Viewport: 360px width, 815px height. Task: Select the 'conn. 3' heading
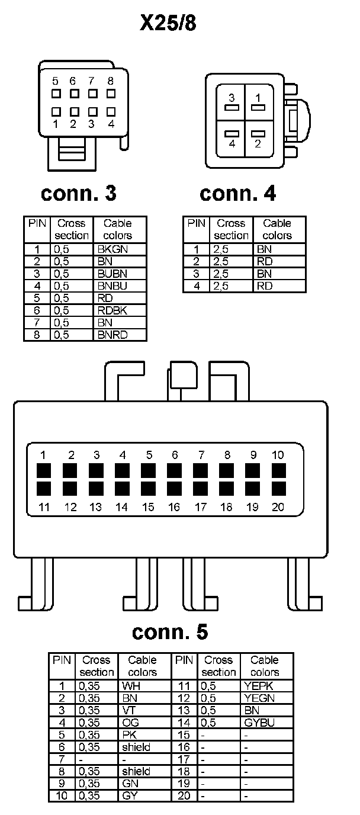coord(79,193)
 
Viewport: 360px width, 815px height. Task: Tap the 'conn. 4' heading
coord(238,193)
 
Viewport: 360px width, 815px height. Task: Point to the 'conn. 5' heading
coord(170,632)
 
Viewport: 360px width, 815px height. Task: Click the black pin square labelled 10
coord(278,471)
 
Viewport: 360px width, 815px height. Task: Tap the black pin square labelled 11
coord(44,489)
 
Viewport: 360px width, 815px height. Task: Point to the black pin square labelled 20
coord(278,489)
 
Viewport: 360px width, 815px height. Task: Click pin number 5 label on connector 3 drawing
coord(55,81)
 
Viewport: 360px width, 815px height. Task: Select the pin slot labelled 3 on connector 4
coord(232,108)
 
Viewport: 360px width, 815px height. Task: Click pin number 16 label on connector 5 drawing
coord(174,507)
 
